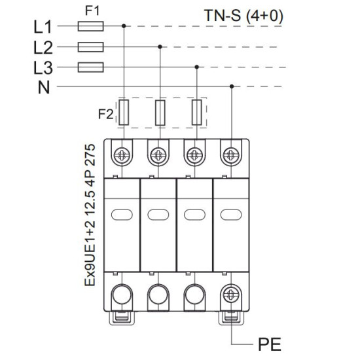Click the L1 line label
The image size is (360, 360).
point(43,27)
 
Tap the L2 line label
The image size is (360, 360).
point(43,48)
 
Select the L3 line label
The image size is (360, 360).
point(43,68)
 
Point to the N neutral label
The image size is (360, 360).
point(44,88)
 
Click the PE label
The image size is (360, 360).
point(270,344)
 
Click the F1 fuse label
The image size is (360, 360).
point(92,10)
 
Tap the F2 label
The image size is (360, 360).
point(106,114)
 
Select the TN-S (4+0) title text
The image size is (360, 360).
point(243,16)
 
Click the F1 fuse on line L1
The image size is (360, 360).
point(91,26)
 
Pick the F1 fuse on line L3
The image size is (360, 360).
point(91,67)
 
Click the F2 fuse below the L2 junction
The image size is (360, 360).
point(160,113)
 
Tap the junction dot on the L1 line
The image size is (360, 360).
point(124,26)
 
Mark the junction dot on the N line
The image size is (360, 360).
point(232,86)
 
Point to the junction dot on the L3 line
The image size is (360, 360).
point(197,67)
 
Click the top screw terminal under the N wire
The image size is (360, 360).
point(231,155)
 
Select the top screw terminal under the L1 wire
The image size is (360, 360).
point(122,155)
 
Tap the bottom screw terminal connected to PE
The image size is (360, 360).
point(231,295)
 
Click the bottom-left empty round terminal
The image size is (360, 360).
point(122,295)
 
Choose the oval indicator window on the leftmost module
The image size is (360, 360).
point(122,215)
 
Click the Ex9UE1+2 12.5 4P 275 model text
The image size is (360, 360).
point(90,215)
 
